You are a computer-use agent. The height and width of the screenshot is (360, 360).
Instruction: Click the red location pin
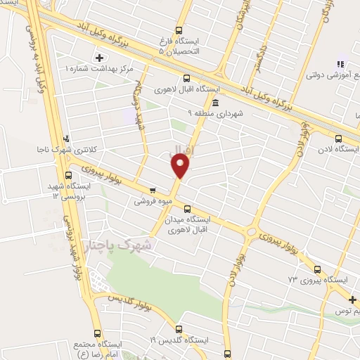click(x=181, y=165)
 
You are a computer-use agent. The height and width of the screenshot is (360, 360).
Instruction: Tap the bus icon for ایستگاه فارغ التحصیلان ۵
click(x=179, y=31)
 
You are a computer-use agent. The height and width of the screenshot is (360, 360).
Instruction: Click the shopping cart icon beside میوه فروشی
click(x=152, y=190)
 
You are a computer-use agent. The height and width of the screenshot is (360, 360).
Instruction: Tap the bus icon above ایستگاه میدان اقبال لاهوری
click(x=187, y=209)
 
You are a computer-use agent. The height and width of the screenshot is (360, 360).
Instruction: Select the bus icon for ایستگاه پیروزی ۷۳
click(x=318, y=269)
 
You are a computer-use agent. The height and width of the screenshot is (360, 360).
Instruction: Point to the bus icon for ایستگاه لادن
click(x=340, y=139)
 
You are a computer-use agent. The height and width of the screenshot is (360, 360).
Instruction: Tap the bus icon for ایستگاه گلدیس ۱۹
click(x=179, y=329)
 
